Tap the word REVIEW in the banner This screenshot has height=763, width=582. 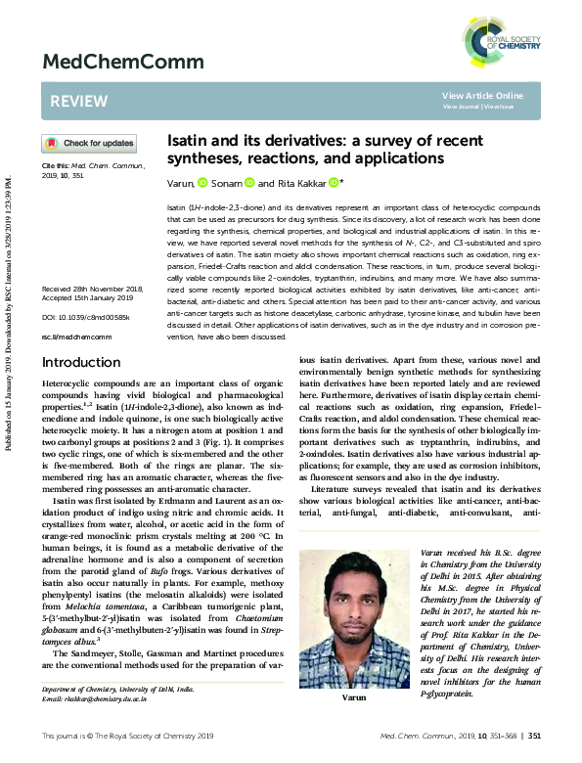tap(72, 101)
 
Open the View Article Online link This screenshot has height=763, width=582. tap(482, 95)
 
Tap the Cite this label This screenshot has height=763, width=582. tap(55, 166)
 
